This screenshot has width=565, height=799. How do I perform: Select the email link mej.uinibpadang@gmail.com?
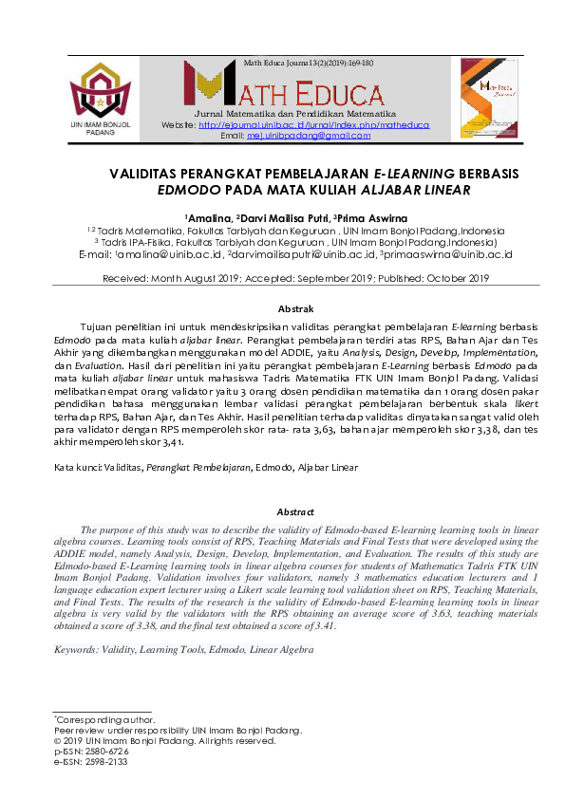[x=309, y=137]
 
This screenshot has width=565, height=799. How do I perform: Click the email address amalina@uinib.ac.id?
[x=170, y=254]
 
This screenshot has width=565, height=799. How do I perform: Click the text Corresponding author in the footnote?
[x=104, y=719]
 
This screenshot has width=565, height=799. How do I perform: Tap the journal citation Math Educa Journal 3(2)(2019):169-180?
[x=309, y=63]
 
